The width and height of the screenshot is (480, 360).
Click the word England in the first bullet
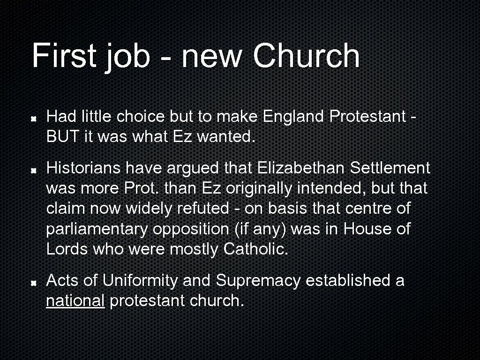pyautogui.click(x=294, y=116)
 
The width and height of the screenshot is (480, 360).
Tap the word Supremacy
pyautogui.click(x=258, y=281)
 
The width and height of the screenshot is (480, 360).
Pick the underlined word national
pyautogui.click(x=75, y=301)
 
